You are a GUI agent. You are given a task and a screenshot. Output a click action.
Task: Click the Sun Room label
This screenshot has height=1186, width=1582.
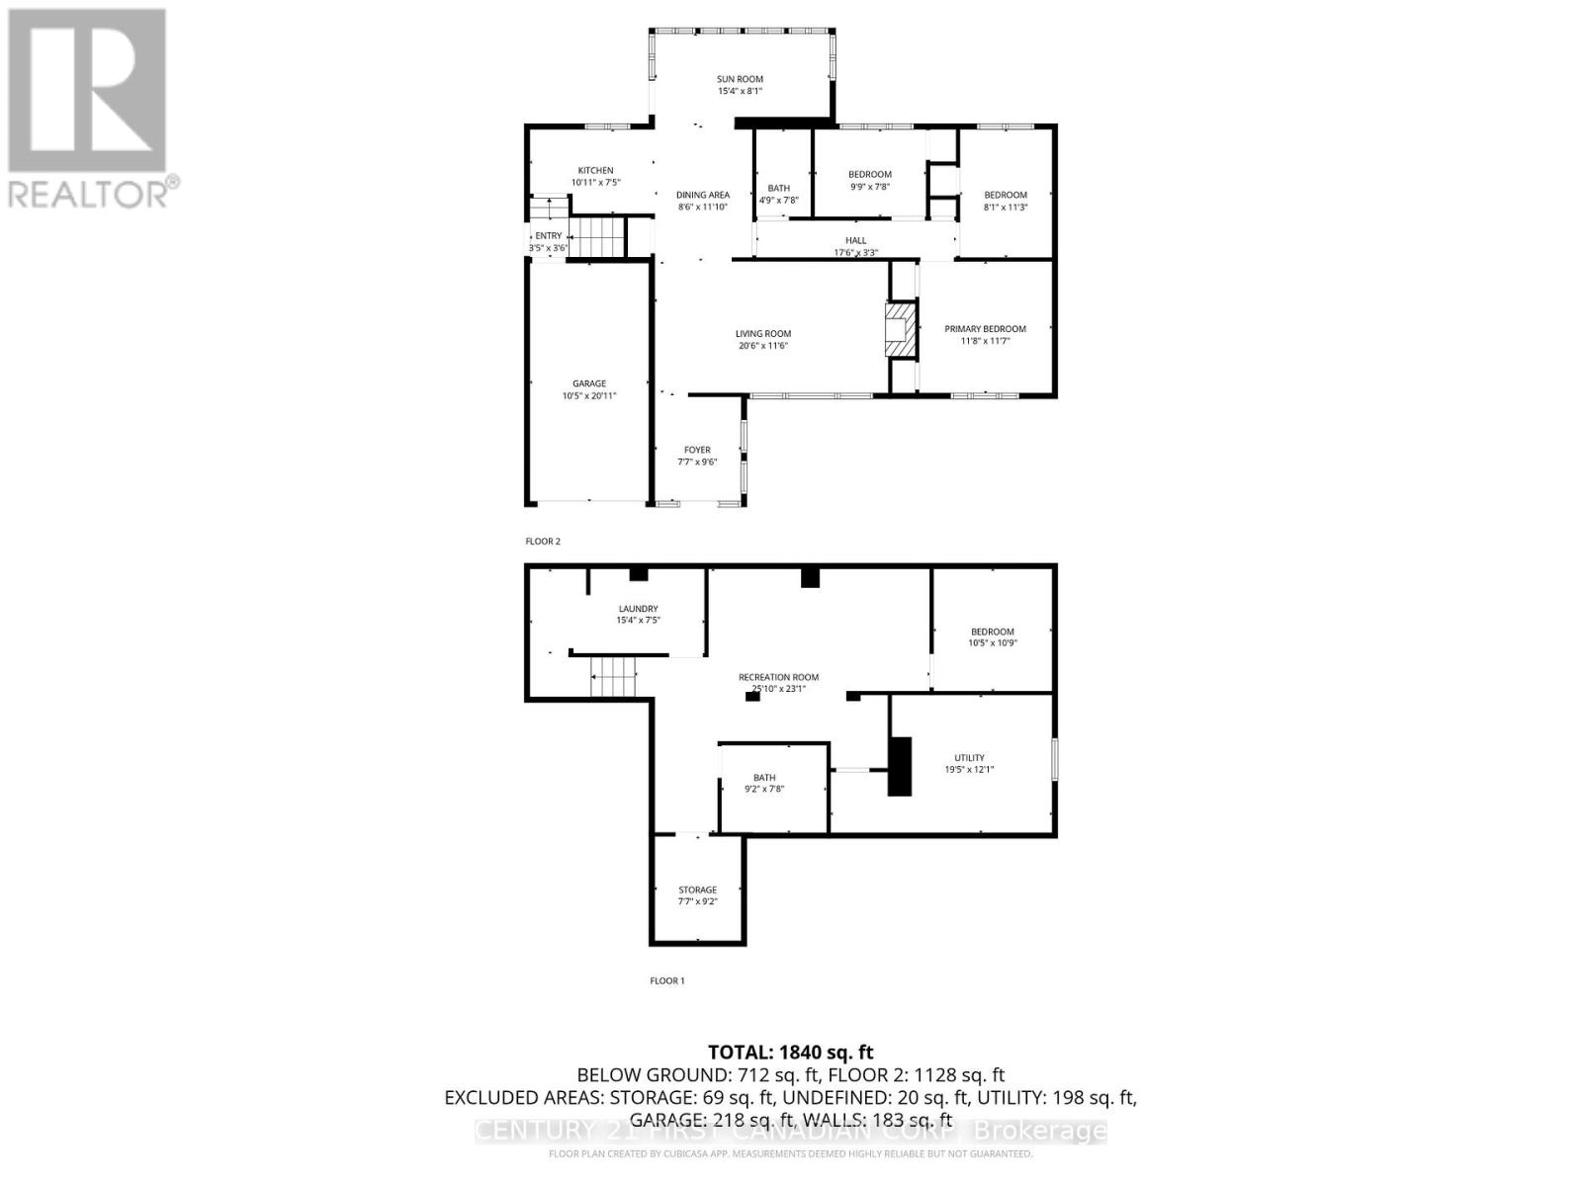click(x=740, y=79)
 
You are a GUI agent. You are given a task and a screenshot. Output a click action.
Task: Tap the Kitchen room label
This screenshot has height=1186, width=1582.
click(x=595, y=171)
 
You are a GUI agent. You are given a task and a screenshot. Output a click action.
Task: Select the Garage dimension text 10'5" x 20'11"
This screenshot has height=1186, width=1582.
click(x=589, y=395)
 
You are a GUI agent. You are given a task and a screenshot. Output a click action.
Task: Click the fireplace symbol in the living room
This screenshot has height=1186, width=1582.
click(x=901, y=329)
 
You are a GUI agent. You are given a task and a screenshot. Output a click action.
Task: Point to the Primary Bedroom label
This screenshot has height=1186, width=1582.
click(x=985, y=329)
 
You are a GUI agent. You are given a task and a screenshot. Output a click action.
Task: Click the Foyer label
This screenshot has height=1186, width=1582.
click(x=697, y=450)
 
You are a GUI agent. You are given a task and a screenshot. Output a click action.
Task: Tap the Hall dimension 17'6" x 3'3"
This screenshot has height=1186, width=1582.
click(x=855, y=252)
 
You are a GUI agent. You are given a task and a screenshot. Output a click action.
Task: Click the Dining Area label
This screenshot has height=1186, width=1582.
click(x=703, y=195)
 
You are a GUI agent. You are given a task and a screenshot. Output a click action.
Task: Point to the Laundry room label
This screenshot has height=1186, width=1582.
click(x=638, y=609)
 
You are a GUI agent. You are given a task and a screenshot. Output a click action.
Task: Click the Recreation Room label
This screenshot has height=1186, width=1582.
click(x=778, y=677)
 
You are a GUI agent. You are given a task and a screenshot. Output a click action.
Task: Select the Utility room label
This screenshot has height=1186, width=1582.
click(x=969, y=758)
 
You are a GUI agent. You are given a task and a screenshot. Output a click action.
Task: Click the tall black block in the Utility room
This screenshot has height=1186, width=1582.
click(x=899, y=766)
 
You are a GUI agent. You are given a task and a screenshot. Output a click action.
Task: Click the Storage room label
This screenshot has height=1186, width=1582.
click(x=697, y=889)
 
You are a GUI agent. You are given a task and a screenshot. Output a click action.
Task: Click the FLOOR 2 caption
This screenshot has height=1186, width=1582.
click(x=543, y=542)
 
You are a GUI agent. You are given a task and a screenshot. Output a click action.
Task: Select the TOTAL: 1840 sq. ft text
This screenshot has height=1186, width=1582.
click(x=791, y=1053)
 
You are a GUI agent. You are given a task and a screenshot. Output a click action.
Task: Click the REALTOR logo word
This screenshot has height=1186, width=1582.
click(x=89, y=194)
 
